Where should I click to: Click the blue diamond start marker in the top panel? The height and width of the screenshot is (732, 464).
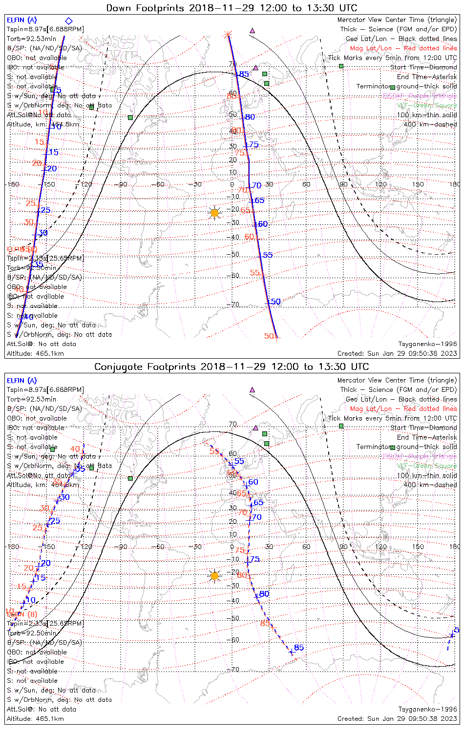click(x=69, y=20)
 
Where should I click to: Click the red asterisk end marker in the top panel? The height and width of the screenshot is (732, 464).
click(x=227, y=34)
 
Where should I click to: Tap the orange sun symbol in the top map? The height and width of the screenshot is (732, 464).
click(x=214, y=213)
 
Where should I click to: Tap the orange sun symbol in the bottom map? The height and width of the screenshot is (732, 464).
click(x=214, y=576)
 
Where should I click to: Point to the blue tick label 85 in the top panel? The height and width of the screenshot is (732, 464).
click(x=244, y=74)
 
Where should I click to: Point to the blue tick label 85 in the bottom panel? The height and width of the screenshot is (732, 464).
click(x=299, y=648)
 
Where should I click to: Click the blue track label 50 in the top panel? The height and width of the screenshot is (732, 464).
click(x=276, y=302)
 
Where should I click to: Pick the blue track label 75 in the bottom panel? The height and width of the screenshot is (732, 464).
click(x=254, y=559)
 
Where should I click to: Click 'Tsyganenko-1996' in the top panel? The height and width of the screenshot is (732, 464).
click(x=427, y=344)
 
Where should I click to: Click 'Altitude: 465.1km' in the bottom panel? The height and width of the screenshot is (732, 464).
click(x=35, y=719)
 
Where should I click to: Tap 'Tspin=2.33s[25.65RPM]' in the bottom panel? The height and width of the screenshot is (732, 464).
click(x=45, y=623)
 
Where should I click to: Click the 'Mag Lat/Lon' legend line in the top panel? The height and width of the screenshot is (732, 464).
click(x=403, y=48)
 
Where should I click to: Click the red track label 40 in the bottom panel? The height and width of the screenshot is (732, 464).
click(x=75, y=449)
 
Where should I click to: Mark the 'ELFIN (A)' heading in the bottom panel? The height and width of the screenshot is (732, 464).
click(x=21, y=381)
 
